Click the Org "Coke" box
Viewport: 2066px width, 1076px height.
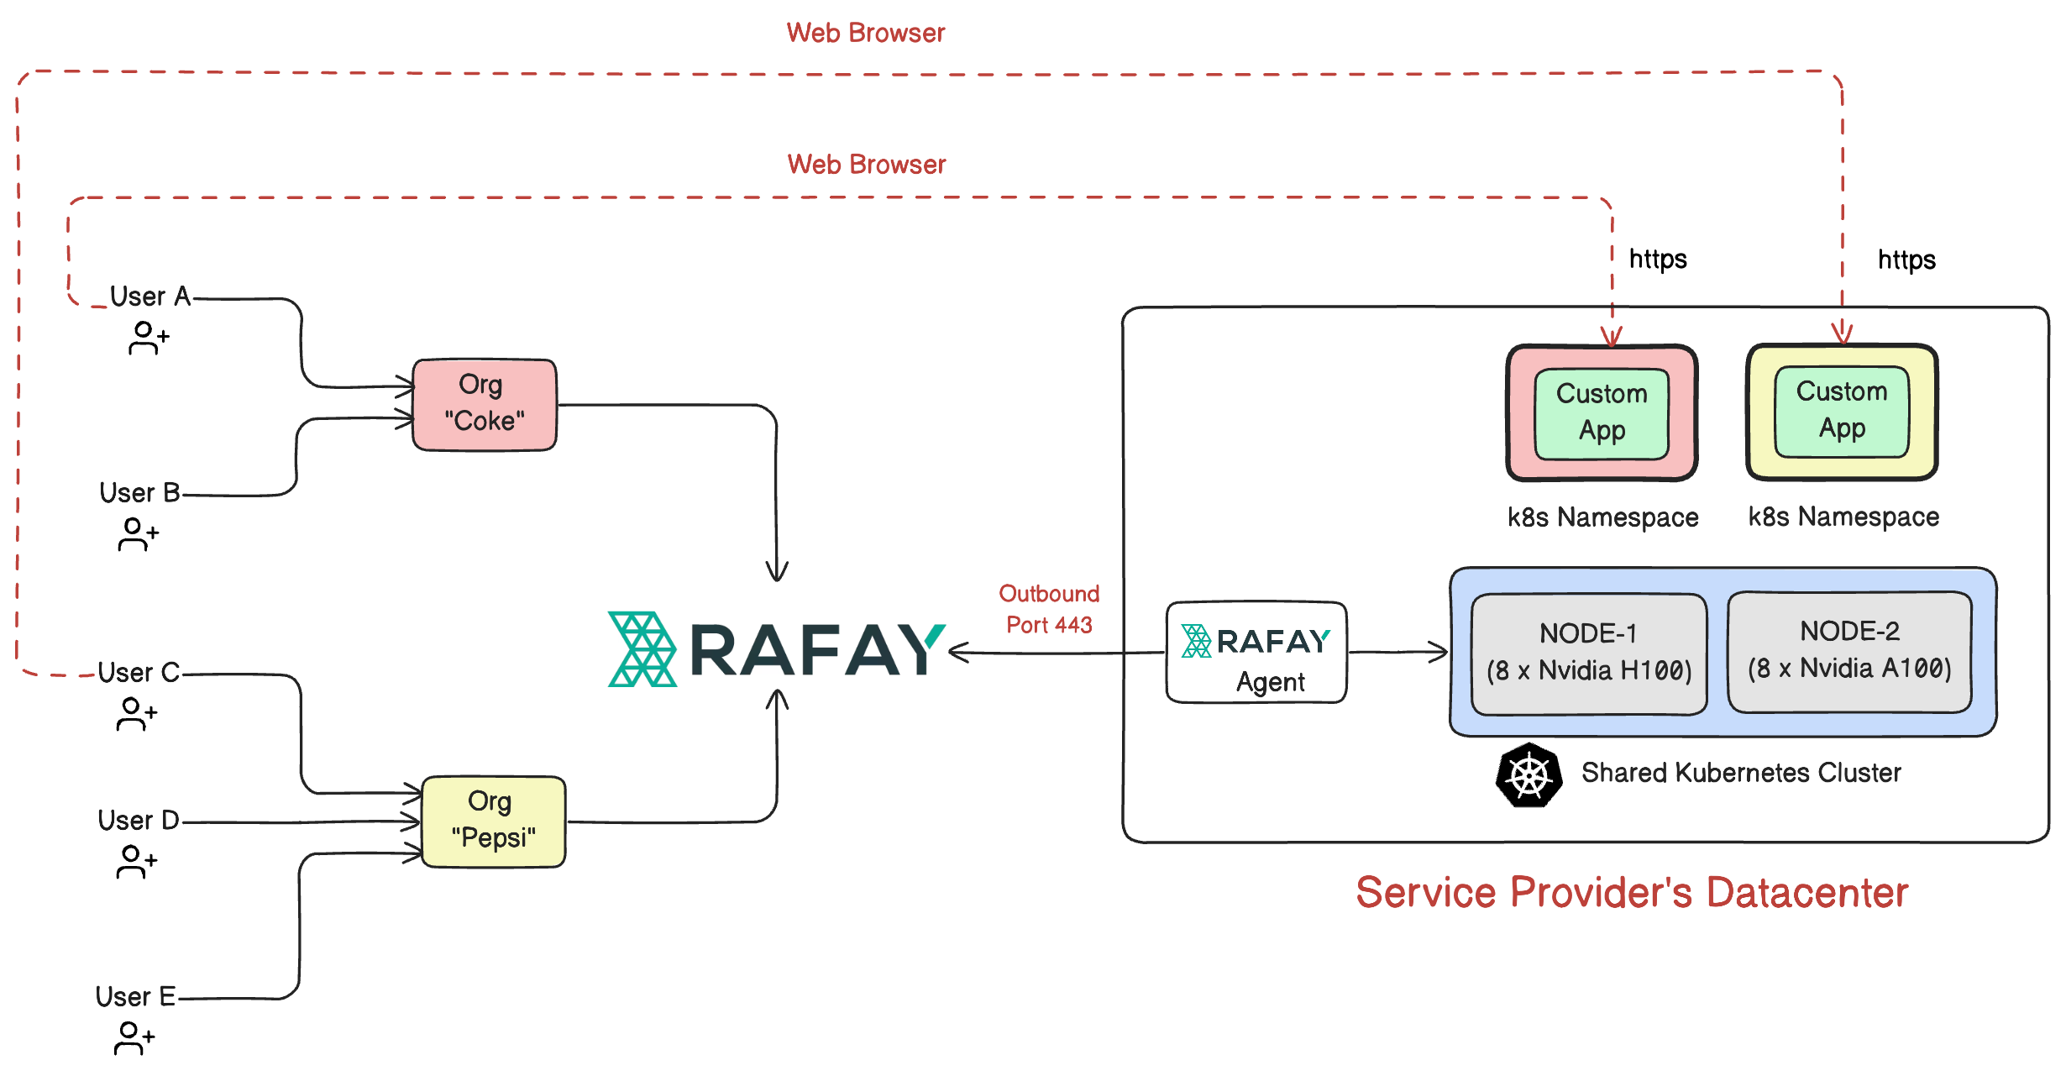[x=485, y=405]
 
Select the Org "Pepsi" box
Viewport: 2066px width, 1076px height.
[x=493, y=821]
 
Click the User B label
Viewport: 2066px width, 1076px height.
[x=139, y=492]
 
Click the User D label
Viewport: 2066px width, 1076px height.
[x=139, y=820]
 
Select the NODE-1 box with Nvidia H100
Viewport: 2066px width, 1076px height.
[x=1588, y=653]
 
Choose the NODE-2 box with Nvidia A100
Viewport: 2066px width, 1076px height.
[x=1849, y=651]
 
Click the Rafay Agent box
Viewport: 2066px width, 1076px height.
[x=1256, y=653]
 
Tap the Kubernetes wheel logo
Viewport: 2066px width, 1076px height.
[x=1529, y=775]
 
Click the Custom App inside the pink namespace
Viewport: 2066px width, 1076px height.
[x=1602, y=413]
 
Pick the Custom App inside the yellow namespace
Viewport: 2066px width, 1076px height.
[x=1842, y=411]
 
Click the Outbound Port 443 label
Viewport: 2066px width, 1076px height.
[x=1049, y=609]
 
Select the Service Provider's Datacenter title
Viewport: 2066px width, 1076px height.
[x=1632, y=892]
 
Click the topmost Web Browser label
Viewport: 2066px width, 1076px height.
[x=865, y=33]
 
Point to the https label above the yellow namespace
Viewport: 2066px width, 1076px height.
[x=1906, y=260]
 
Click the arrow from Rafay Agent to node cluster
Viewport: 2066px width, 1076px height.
[x=1397, y=652]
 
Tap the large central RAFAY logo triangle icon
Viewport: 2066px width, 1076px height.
[x=642, y=649]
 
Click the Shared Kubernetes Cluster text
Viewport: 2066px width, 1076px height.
[x=1740, y=773]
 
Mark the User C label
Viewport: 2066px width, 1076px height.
[x=139, y=673]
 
